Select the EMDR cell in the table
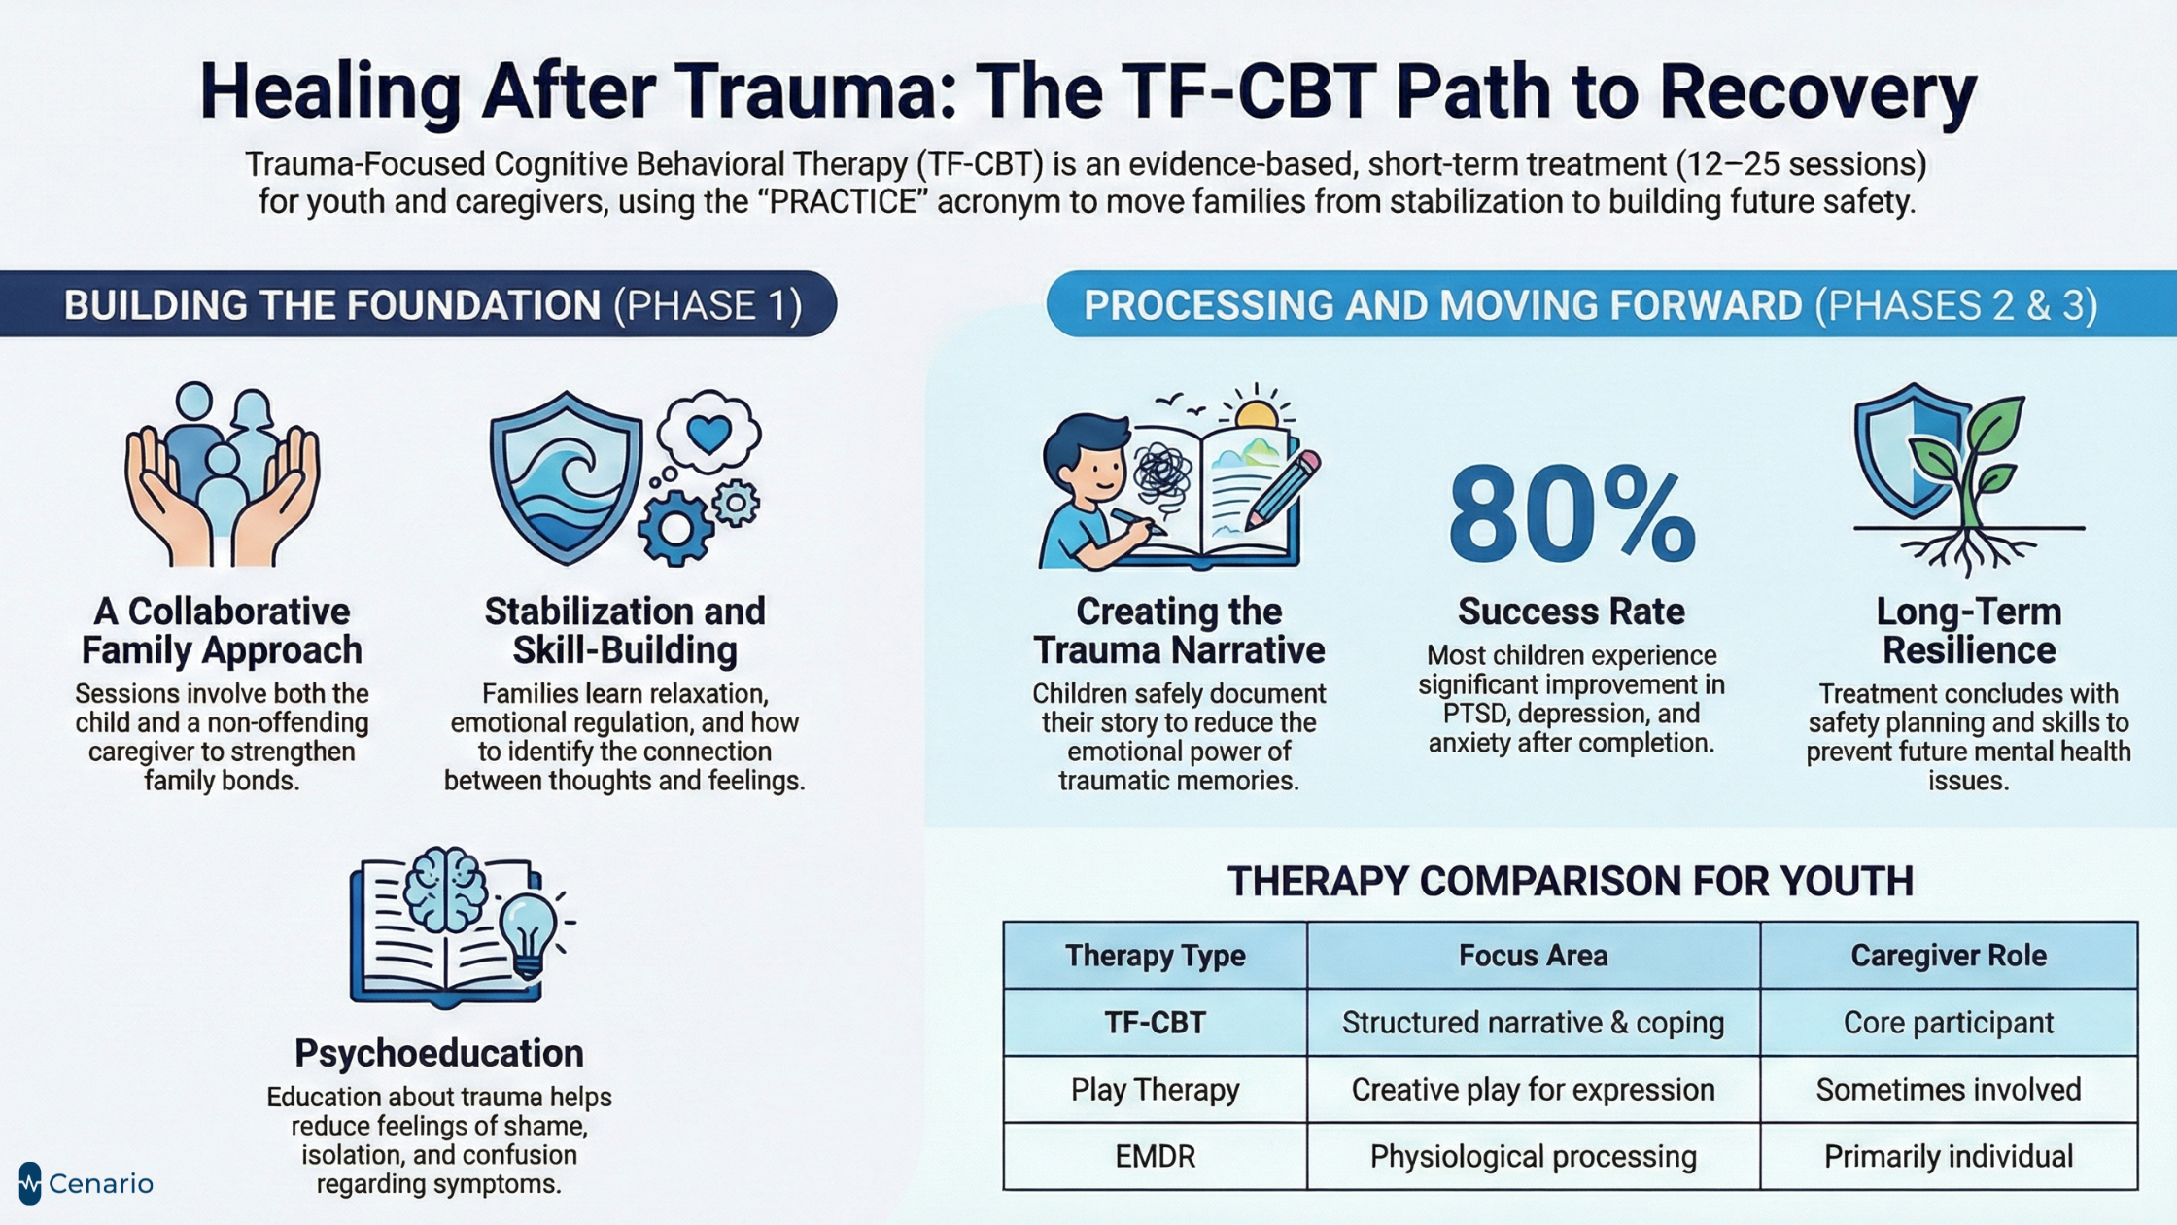coord(1155,1156)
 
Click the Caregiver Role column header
coord(1948,956)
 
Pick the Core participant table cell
coord(1948,1023)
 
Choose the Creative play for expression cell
coord(1533,1090)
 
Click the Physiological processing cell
coord(1533,1156)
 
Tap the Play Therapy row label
coord(1155,1090)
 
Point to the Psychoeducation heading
coord(439,1053)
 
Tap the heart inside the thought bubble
coord(708,434)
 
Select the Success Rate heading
coord(1571,612)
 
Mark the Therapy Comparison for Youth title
coord(1570,882)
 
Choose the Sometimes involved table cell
coord(1948,1090)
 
